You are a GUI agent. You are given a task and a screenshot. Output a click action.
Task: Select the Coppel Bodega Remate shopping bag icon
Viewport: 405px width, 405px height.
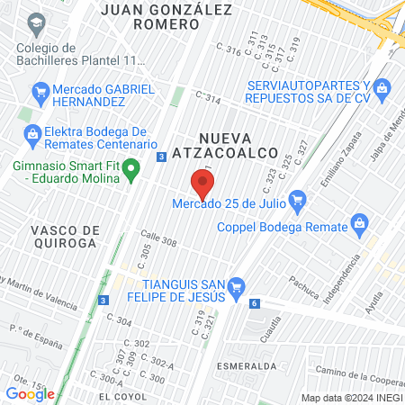pos(359,222)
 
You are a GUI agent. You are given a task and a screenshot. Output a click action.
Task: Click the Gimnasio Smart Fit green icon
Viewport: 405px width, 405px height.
pos(131,167)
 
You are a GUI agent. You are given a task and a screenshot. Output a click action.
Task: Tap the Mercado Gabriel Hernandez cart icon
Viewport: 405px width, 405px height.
pos(40,91)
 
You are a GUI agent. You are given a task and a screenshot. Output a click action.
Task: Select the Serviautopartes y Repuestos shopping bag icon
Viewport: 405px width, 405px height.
pos(382,88)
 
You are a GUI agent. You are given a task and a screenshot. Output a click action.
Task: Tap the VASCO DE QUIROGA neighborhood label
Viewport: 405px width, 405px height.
pos(63,236)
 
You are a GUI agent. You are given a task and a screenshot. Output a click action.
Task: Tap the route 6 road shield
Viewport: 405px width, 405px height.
pos(256,303)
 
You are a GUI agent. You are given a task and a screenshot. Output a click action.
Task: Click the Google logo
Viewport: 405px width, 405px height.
pos(30,393)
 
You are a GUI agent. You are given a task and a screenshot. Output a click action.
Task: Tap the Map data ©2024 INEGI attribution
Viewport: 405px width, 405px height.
pos(351,398)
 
